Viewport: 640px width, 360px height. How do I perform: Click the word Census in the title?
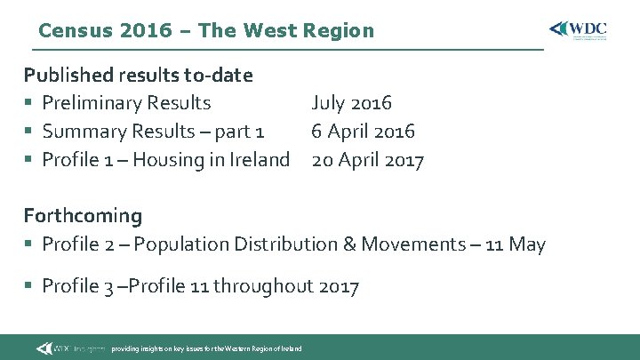(76, 30)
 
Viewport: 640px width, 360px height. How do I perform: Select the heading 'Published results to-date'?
(138, 75)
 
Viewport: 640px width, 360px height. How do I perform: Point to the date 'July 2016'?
(351, 103)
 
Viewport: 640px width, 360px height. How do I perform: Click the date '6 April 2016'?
(363, 132)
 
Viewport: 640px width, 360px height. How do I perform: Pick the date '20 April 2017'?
(367, 160)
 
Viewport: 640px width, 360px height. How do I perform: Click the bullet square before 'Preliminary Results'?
(29, 104)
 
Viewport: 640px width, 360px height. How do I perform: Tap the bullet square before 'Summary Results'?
(29, 132)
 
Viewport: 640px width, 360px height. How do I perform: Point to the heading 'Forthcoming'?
(83, 215)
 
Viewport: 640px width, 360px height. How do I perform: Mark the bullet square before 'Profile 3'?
(29, 286)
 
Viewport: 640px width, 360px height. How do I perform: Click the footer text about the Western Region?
(206, 348)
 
